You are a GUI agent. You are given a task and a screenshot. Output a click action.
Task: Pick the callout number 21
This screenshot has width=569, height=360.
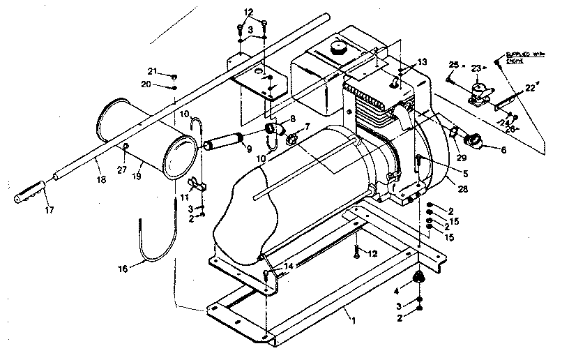click(x=151, y=71)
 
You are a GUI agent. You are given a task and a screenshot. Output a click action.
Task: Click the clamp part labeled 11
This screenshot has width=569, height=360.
click(x=198, y=186)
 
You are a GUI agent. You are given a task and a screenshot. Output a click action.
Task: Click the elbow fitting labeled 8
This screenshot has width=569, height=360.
click(x=275, y=128)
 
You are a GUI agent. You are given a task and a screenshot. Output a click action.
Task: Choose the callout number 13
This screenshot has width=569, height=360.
click(x=422, y=63)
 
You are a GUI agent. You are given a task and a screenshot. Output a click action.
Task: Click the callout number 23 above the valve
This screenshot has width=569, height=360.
click(x=476, y=68)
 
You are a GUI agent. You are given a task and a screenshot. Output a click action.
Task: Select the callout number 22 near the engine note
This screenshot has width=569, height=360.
click(x=531, y=87)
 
